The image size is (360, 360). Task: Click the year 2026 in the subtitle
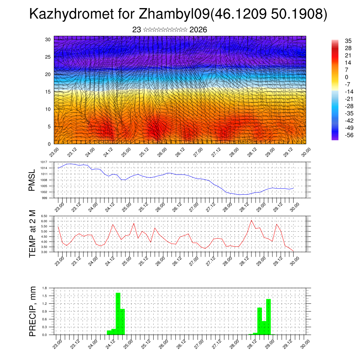point(198,30)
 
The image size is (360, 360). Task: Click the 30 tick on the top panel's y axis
point(48,39)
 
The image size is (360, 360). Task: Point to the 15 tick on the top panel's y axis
point(48,92)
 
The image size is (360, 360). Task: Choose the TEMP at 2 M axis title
point(32,234)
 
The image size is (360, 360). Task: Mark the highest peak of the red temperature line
point(251,220)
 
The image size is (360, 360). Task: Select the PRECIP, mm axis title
point(32,311)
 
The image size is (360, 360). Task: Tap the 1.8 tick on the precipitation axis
point(45,288)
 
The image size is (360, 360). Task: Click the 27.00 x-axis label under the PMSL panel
point(194,205)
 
